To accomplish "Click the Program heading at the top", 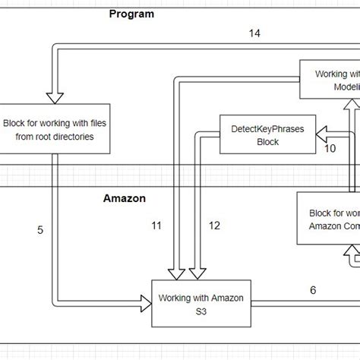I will coord(131,14).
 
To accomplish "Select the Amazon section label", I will coord(125,199).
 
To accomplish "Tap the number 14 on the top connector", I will coord(255,33).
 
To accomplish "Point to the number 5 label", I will coord(39,229).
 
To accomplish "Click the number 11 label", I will coord(156,225).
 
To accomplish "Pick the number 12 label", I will coord(214,225).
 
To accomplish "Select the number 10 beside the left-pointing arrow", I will coord(330,148).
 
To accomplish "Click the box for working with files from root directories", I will coord(58,129).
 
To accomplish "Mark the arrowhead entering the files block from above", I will coord(55,96).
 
